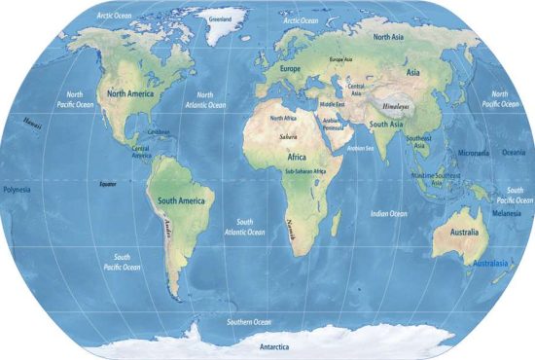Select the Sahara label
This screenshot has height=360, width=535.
pyautogui.click(x=288, y=137)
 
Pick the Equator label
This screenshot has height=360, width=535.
pyautogui.click(x=107, y=182)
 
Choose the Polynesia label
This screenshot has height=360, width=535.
pyautogui.click(x=18, y=189)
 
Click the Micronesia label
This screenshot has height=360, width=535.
pyautogui.click(x=475, y=154)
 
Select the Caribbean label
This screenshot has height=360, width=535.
pyautogui.click(x=158, y=132)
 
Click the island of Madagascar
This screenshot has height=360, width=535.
pyautogui.click(x=336, y=223)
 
